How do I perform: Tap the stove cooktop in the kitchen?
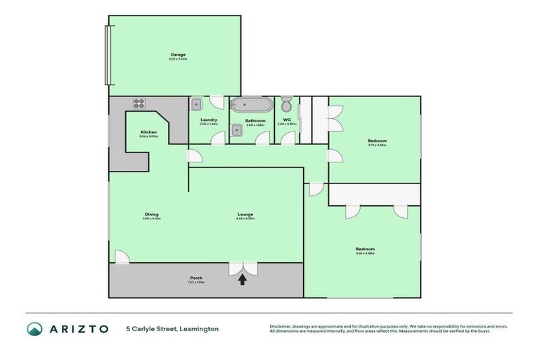138,103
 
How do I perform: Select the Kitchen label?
148,132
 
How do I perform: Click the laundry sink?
198,105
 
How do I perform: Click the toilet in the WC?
286,105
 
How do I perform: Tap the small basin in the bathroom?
238,129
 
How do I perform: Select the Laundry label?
209,120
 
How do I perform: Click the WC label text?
287,120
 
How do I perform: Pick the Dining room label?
151,214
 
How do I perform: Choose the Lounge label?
245,214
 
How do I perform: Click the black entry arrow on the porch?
243,279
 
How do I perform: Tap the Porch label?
196,278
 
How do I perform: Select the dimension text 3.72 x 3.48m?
377,146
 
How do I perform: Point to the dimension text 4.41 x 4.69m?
365,254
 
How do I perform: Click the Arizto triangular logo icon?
34,328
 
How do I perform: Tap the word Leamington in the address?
199,328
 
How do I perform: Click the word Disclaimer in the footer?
281,326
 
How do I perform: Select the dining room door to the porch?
122,257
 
